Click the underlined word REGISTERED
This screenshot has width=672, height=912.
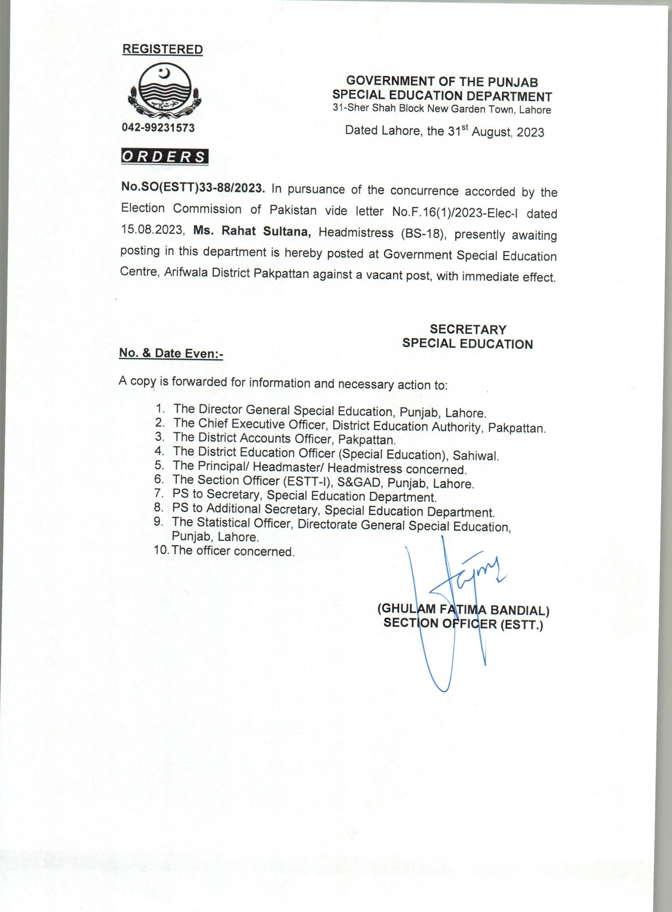click(x=163, y=50)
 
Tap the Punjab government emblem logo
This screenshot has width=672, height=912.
click(x=164, y=92)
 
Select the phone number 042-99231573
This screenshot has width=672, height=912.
click(x=158, y=128)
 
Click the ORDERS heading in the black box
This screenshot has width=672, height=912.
click(x=164, y=157)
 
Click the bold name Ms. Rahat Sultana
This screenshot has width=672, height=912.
click(x=253, y=231)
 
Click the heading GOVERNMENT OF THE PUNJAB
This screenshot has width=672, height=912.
click(x=442, y=82)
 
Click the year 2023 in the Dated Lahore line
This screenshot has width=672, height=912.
click(x=530, y=133)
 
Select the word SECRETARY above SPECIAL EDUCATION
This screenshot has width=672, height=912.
click(x=468, y=329)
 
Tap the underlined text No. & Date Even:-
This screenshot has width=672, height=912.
click(x=171, y=353)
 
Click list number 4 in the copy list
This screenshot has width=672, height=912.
click(x=159, y=451)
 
